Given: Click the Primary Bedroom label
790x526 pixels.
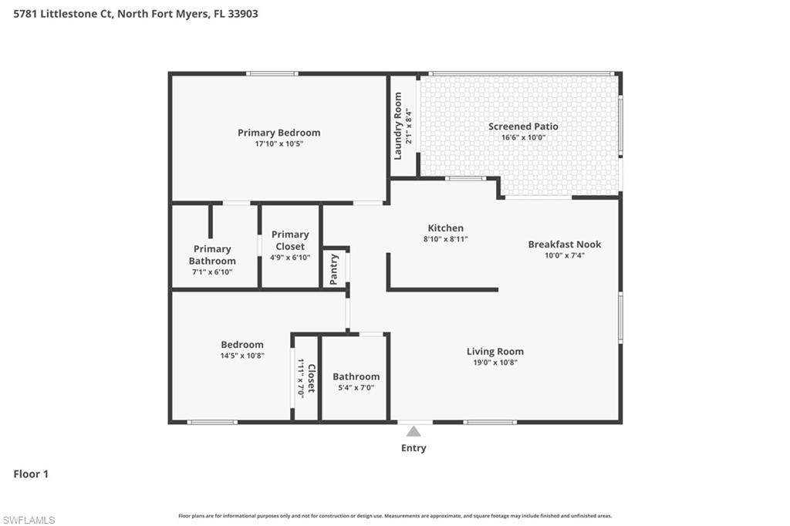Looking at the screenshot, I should [x=279, y=133].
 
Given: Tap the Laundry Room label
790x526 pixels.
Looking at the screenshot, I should [x=398, y=126].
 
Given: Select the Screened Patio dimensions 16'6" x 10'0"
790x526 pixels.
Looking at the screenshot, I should [x=523, y=138].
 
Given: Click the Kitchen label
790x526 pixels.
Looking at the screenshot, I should [x=446, y=228].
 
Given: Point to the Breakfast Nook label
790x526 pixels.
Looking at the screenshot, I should [x=564, y=244].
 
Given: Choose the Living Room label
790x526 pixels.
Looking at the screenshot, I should [x=495, y=352].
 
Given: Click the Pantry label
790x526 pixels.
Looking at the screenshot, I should [x=334, y=269].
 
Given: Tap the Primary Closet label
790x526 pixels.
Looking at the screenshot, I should [x=290, y=240].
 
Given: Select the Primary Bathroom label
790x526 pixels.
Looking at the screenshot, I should [x=212, y=255].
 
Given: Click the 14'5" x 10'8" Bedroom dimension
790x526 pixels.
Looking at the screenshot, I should [x=242, y=356].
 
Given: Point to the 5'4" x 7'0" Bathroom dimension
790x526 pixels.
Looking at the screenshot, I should [x=356, y=388].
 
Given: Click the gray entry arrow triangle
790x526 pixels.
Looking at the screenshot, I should [x=414, y=431].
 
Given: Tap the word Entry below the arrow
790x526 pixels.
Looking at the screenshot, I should [x=414, y=448].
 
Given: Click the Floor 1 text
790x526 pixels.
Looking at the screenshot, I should [x=31, y=474].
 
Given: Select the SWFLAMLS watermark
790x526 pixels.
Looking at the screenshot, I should [x=29, y=520].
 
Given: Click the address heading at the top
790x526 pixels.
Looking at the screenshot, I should [x=136, y=13].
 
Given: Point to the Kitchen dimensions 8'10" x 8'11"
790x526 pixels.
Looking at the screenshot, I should [x=446, y=240].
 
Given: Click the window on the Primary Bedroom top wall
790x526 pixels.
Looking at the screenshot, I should [x=272, y=74].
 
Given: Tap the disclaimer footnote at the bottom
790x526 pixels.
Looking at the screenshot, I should [x=395, y=516].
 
